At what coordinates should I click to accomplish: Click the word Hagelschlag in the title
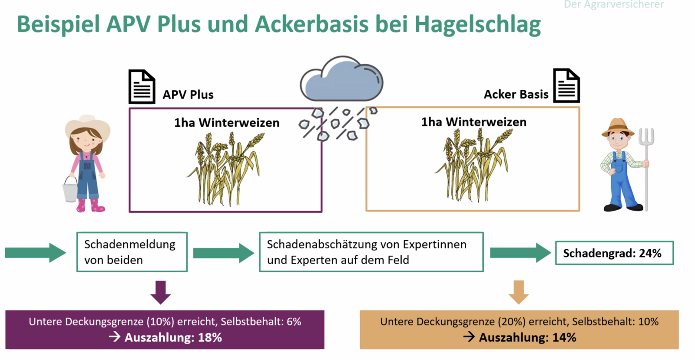click(x=477, y=24)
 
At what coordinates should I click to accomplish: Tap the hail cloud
click(x=341, y=81)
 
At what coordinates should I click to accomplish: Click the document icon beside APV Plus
click(x=142, y=86)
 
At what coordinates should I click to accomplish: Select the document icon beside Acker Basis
click(x=566, y=86)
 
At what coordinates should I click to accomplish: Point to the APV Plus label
click(x=188, y=95)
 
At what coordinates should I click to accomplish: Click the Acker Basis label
click(x=516, y=94)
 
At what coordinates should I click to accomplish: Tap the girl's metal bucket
click(x=70, y=189)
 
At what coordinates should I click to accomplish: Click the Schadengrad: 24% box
click(x=614, y=253)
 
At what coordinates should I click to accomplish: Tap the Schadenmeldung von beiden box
click(x=132, y=252)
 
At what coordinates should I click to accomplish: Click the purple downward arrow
click(x=160, y=292)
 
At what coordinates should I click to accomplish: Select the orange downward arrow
click(x=519, y=292)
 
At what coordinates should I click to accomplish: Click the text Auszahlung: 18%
click(x=173, y=337)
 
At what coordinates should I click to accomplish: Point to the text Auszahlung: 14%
click(x=527, y=337)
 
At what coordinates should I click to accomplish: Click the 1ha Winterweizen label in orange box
click(x=473, y=122)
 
